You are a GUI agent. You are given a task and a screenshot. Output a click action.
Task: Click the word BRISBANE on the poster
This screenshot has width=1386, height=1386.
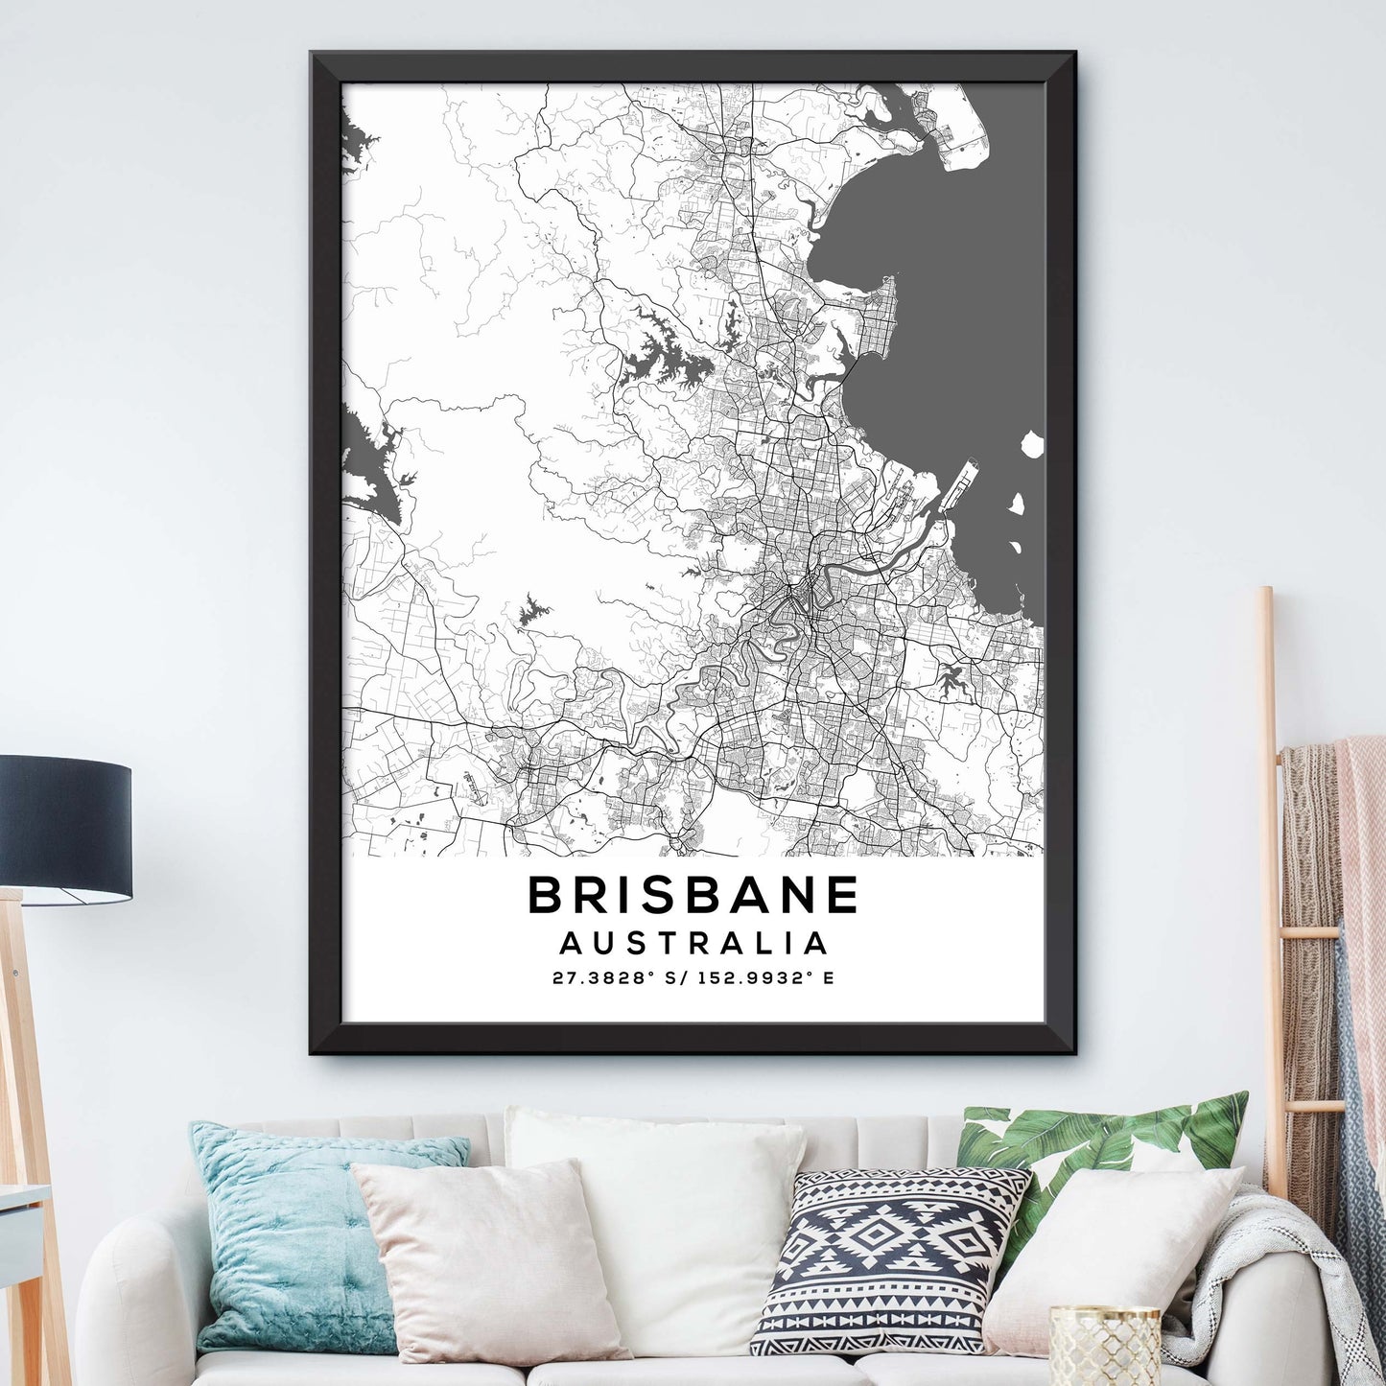tap(693, 895)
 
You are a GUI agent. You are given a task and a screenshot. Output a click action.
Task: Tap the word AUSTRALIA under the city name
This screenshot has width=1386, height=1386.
tap(693, 943)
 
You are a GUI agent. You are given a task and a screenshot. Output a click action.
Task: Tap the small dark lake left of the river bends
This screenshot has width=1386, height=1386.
tap(529, 611)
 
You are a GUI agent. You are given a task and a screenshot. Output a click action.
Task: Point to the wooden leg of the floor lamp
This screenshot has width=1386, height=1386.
tap(24, 1103)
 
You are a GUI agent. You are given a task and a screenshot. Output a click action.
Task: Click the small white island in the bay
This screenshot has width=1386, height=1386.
tap(1032, 444)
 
